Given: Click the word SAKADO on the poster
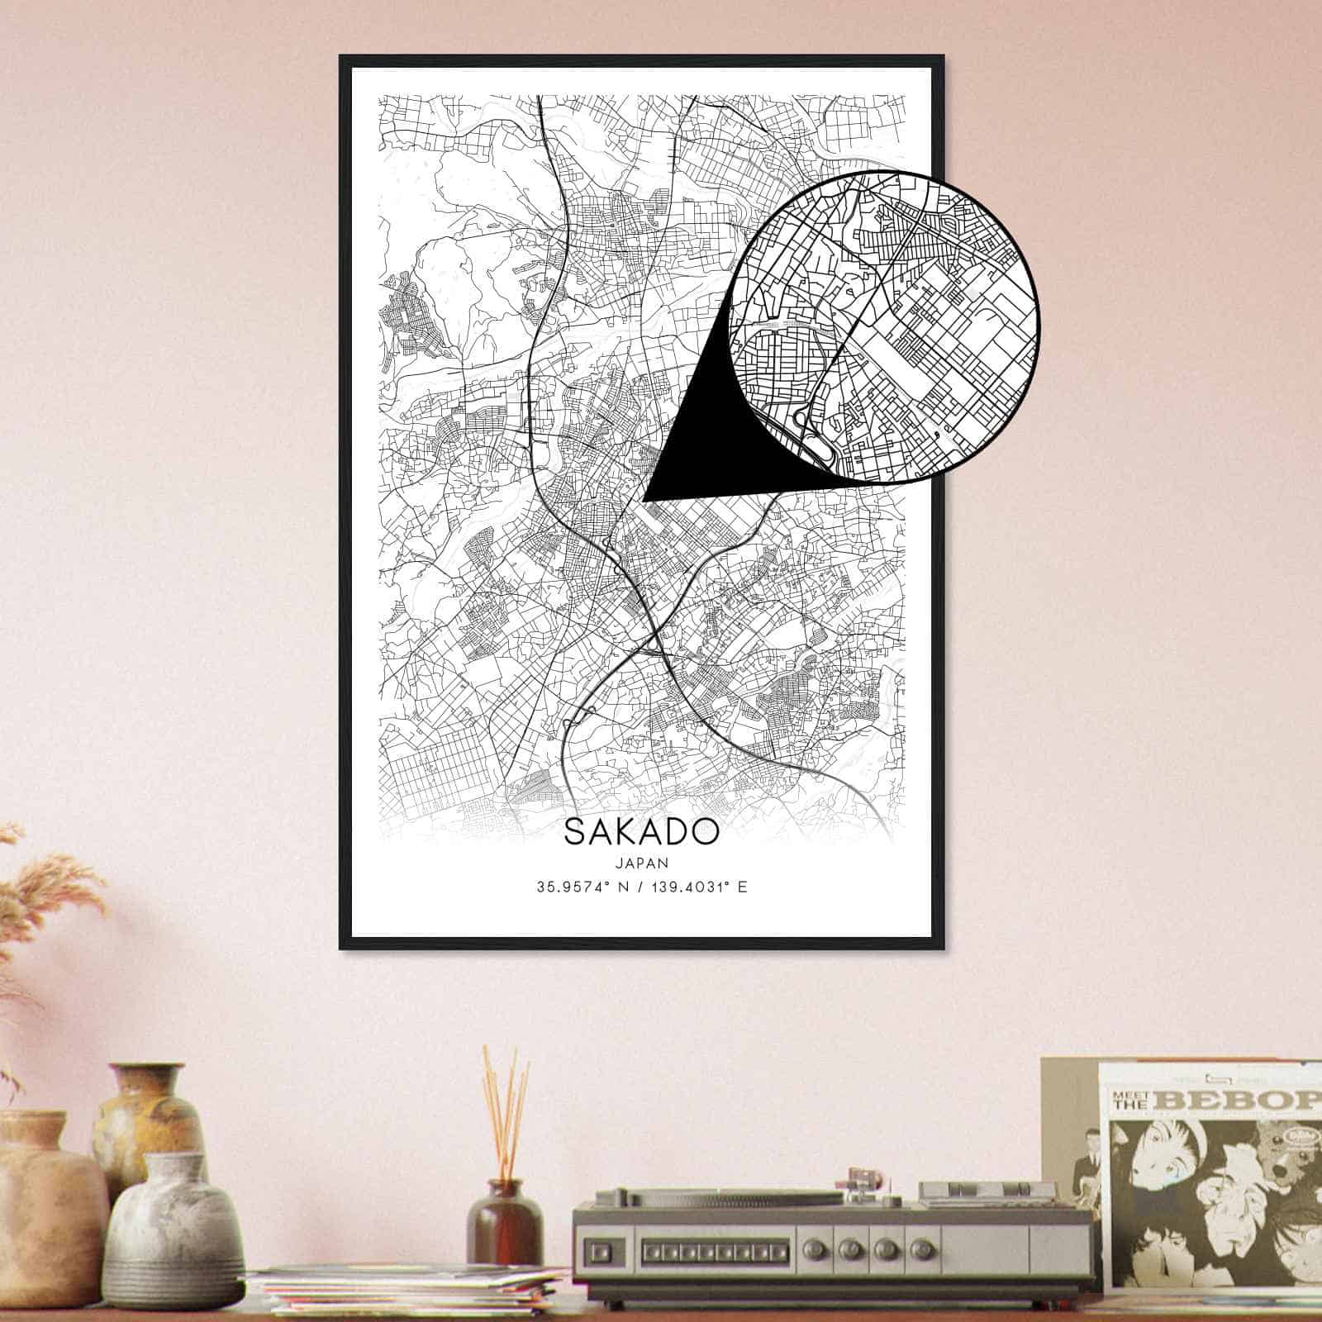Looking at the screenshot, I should tap(641, 832).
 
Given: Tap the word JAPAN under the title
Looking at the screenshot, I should tap(641, 862).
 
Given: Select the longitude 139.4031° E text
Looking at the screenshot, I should tap(695, 888).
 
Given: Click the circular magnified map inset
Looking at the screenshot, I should tap(884, 326).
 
